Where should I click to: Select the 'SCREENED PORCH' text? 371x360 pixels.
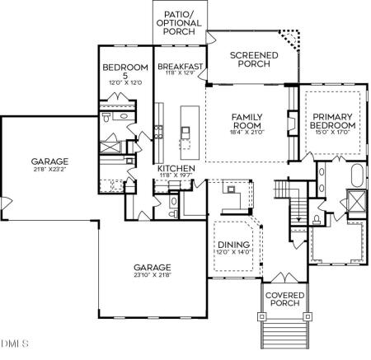(x=254, y=60)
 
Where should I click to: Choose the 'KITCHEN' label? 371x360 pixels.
(x=175, y=168)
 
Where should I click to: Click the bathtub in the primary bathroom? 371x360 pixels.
(x=355, y=175)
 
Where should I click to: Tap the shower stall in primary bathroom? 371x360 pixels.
(x=356, y=201)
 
